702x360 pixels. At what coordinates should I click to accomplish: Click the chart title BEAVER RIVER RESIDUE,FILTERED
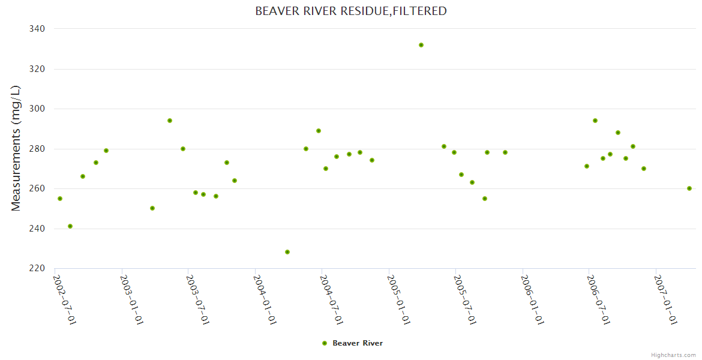[351, 11]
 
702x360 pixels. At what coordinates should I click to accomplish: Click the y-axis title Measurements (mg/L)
[16, 148]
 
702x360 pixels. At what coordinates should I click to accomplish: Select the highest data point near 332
[421, 45]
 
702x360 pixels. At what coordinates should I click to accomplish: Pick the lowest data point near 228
[287, 252]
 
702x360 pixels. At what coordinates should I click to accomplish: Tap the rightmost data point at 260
[689, 188]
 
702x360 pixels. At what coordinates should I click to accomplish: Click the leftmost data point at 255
[60, 199]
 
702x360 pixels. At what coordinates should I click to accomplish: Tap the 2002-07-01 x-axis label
[65, 299]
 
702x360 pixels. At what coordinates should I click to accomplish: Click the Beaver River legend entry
[352, 343]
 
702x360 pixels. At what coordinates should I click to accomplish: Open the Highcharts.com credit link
[673, 355]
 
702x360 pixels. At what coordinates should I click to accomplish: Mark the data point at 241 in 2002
[70, 226]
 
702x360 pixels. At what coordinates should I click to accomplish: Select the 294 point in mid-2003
[170, 121]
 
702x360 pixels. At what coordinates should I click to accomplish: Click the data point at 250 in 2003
[152, 208]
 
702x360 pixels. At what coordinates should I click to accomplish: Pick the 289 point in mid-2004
[319, 131]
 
